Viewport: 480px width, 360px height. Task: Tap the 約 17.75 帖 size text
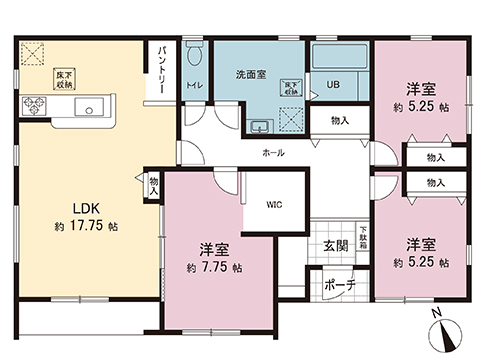point(82,227)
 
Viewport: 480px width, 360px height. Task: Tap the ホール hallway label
point(272,153)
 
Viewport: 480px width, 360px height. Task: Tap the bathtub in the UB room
point(341,57)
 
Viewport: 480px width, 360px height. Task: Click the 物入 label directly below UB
point(339,120)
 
